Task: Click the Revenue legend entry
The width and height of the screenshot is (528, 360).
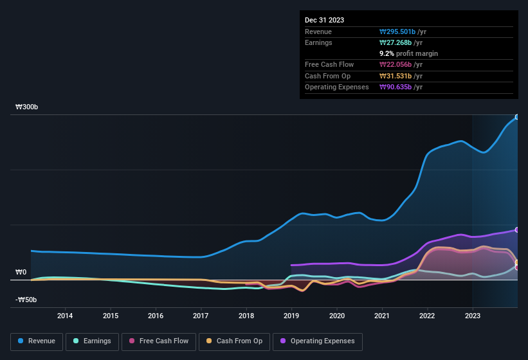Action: point(37,341)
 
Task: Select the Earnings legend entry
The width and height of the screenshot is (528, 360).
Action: point(91,341)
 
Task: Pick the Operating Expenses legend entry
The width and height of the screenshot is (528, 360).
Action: point(318,341)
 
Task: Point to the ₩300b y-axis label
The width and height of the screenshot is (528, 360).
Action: point(27,107)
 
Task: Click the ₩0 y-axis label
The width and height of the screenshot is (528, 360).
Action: point(21,273)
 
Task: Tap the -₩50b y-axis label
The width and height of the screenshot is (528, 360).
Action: point(26,300)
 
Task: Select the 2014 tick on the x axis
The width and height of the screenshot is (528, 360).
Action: point(65,316)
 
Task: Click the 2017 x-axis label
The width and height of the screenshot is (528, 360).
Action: point(201,316)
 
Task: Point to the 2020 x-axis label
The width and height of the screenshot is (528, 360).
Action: point(336,316)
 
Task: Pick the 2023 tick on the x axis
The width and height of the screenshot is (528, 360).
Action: point(473,316)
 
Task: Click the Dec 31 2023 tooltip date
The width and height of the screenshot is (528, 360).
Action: point(324,20)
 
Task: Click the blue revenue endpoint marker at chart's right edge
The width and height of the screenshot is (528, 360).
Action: point(516,117)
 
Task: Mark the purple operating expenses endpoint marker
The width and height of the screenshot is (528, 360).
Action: point(516,230)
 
